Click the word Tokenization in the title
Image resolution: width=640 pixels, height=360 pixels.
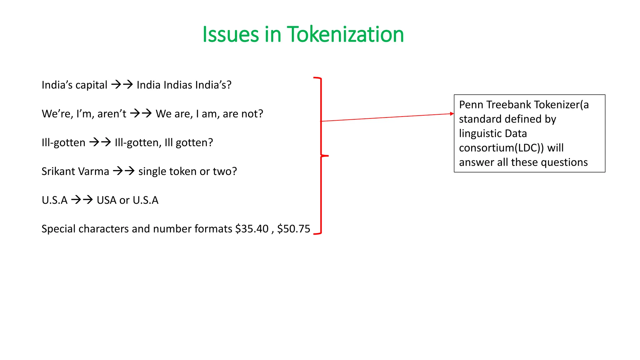click(x=345, y=34)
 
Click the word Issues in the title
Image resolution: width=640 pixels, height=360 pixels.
click(x=231, y=34)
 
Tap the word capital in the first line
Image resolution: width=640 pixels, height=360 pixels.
click(x=92, y=85)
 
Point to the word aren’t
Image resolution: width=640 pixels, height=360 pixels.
click(x=112, y=114)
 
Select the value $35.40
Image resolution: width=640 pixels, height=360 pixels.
click(x=252, y=229)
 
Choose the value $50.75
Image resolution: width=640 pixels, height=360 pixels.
click(x=294, y=229)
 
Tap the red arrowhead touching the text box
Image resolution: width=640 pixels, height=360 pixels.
click(x=452, y=114)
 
